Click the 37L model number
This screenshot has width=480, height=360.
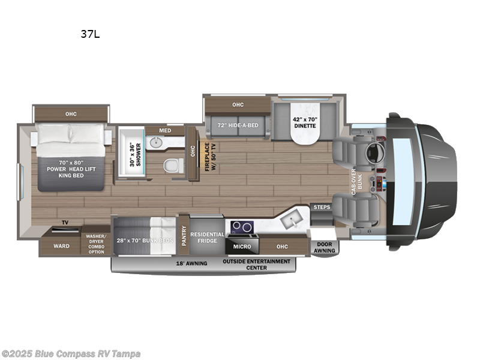coord(90,34)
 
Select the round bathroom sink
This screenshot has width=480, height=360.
coord(158,143)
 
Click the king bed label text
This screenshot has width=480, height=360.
coord(72,169)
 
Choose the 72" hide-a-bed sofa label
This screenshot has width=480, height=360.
coord(238,125)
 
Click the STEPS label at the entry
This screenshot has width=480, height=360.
coord(321,208)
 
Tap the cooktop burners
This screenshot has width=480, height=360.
coord(241,226)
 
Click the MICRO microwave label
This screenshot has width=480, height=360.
coord(241,246)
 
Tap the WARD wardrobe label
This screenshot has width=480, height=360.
coord(61,246)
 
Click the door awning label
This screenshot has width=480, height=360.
coord(324,248)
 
